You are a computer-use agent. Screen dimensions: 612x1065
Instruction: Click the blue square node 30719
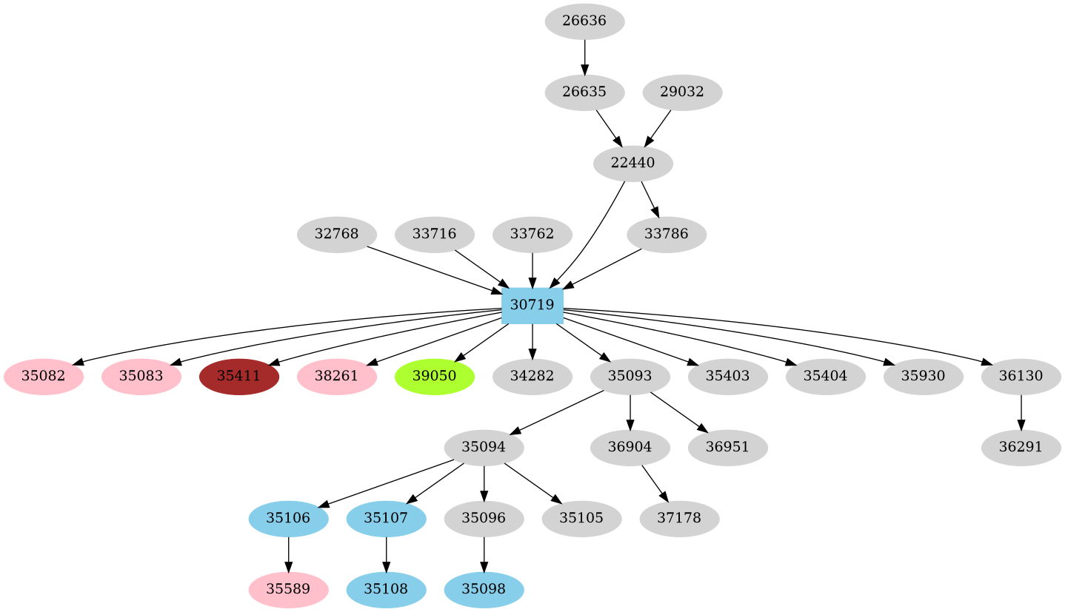532,306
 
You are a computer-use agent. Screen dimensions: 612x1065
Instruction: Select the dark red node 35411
238,376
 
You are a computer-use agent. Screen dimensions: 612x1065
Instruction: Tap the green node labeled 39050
434,376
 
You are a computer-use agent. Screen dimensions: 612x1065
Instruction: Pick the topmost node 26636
584,21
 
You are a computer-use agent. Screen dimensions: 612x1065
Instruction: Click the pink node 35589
288,589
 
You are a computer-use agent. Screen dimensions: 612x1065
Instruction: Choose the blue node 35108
386,589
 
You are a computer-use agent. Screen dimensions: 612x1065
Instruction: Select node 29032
682,93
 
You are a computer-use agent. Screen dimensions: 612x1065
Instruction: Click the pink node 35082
43,376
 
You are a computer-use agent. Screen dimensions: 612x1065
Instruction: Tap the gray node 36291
1021,447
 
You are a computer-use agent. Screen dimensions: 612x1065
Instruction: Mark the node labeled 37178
679,518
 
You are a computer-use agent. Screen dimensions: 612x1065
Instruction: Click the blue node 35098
484,589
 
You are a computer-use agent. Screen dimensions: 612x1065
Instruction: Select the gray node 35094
484,447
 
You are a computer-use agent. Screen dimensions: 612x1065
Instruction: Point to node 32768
336,235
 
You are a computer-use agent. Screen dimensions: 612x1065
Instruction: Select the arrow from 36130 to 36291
1021,411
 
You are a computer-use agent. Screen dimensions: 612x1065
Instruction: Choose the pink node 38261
336,376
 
